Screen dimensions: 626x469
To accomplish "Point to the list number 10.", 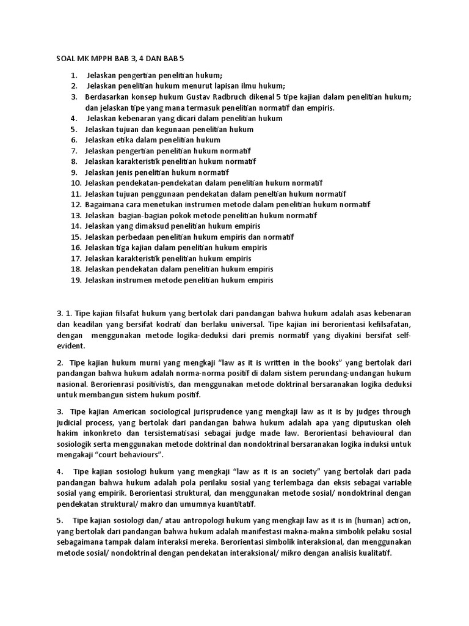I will coord(76,183).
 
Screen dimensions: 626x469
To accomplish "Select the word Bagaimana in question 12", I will coord(105,204).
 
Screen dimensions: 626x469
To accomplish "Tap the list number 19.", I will coord(76,280).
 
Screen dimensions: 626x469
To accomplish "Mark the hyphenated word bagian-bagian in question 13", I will coord(139,215).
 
